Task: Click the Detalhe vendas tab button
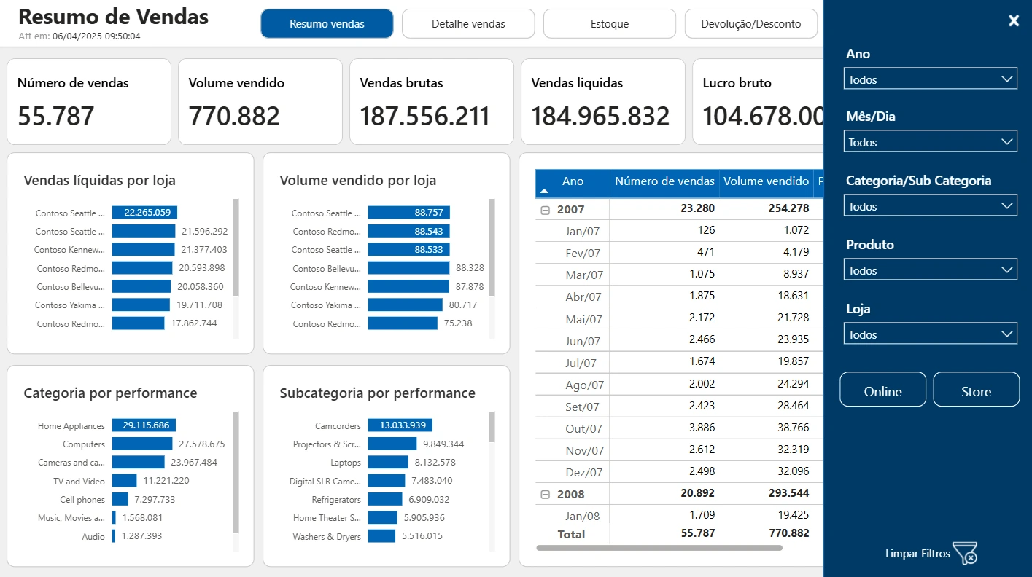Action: click(x=468, y=24)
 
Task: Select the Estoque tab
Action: click(x=610, y=24)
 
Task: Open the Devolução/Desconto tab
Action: click(x=751, y=24)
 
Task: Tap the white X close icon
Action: click(x=1014, y=20)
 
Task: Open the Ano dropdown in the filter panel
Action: click(x=930, y=79)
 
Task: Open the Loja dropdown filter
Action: click(x=930, y=334)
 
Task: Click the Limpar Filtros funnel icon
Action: click(x=966, y=553)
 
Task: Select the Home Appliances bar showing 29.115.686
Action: click(x=144, y=425)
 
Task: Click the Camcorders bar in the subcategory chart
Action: click(x=400, y=425)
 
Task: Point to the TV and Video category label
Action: click(x=79, y=482)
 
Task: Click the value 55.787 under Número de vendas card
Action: click(x=55, y=116)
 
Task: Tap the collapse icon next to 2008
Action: click(x=545, y=495)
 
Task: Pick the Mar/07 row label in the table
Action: click(x=584, y=275)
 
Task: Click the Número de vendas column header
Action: click(x=664, y=181)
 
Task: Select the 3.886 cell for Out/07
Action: click(x=702, y=428)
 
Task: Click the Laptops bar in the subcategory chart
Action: click(x=388, y=462)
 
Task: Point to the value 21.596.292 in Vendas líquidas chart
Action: click(x=204, y=232)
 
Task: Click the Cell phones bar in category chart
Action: click(x=120, y=499)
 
